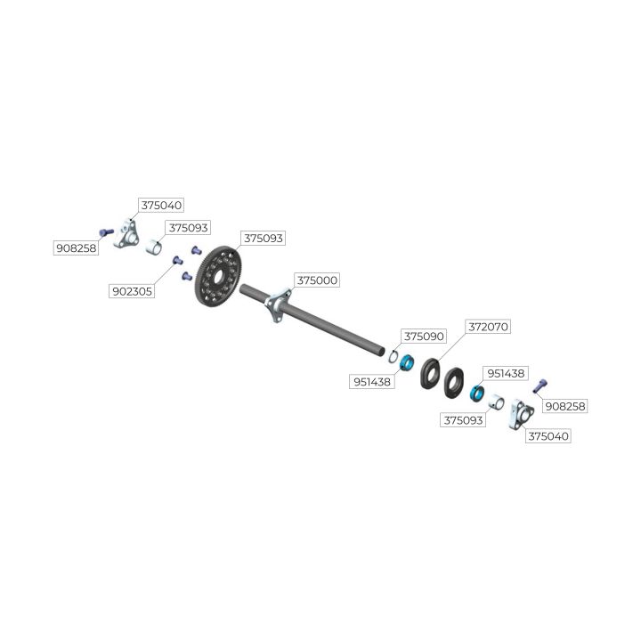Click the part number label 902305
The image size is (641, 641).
click(x=132, y=291)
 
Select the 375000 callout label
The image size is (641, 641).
click(x=317, y=280)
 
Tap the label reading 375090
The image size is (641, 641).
click(x=424, y=337)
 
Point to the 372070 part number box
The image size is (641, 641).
click(x=488, y=327)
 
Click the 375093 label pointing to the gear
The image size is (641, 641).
click(x=263, y=239)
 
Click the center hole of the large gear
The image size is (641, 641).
click(x=218, y=277)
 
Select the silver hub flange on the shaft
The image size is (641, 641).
click(x=278, y=305)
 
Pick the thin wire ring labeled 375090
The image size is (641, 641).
click(x=393, y=355)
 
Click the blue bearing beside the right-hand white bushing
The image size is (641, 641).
click(x=477, y=393)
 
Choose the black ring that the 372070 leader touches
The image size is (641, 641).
click(x=430, y=373)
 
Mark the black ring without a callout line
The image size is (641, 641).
click(x=454, y=383)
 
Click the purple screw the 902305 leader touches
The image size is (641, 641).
click(x=177, y=260)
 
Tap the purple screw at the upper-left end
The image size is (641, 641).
click(x=106, y=232)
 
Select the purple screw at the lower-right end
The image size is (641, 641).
click(x=540, y=385)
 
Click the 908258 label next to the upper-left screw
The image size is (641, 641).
click(x=76, y=248)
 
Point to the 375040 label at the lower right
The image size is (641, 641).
click(x=548, y=436)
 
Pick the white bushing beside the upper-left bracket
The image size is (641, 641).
click(x=154, y=247)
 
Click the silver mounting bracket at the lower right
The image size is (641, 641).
click(x=521, y=414)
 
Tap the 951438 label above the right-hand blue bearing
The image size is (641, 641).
click(x=506, y=373)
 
